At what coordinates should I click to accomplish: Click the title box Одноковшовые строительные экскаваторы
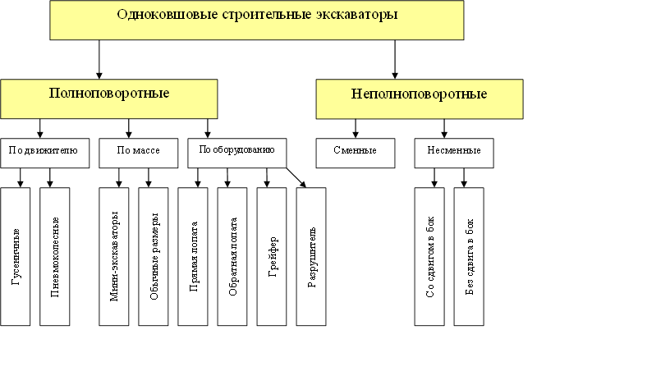257,20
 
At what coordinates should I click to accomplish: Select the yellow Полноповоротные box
109,99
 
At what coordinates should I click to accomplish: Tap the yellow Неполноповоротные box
419,99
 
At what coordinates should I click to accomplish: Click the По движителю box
44,153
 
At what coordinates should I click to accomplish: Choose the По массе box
133,153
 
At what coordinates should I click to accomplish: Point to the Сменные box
356,153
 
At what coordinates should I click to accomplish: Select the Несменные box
454,153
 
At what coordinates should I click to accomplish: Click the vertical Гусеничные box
16,256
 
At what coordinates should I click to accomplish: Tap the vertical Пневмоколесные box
55,256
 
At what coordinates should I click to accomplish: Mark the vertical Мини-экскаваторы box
114,256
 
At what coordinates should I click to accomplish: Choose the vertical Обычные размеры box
154,256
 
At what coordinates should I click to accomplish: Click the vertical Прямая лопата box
193,256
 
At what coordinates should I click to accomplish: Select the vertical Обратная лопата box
232,256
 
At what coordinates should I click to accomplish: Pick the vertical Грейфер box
272,256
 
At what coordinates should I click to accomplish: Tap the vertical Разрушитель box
311,256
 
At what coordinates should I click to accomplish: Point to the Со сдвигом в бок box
429,256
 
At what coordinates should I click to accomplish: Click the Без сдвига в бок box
469,256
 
